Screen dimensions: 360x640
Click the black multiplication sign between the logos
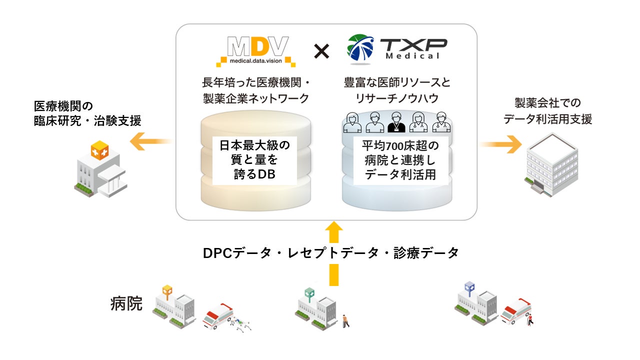pyautogui.click(x=321, y=51)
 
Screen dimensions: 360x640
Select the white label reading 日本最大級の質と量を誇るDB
pyautogui.click(x=255, y=160)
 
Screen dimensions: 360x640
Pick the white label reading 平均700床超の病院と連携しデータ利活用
pyautogui.click(x=399, y=160)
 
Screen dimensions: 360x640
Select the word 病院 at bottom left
pyautogui.click(x=126, y=303)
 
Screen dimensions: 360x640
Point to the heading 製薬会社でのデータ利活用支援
pyautogui.click(x=547, y=111)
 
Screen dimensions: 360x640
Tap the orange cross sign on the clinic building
pyautogui.click(x=99, y=150)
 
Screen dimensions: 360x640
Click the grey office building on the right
pyautogui.click(x=549, y=164)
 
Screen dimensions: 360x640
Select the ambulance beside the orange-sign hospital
pyautogui.click(x=218, y=315)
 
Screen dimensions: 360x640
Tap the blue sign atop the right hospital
pyautogui.click(x=469, y=287)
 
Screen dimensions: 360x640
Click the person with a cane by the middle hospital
pyautogui.click(x=345, y=320)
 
